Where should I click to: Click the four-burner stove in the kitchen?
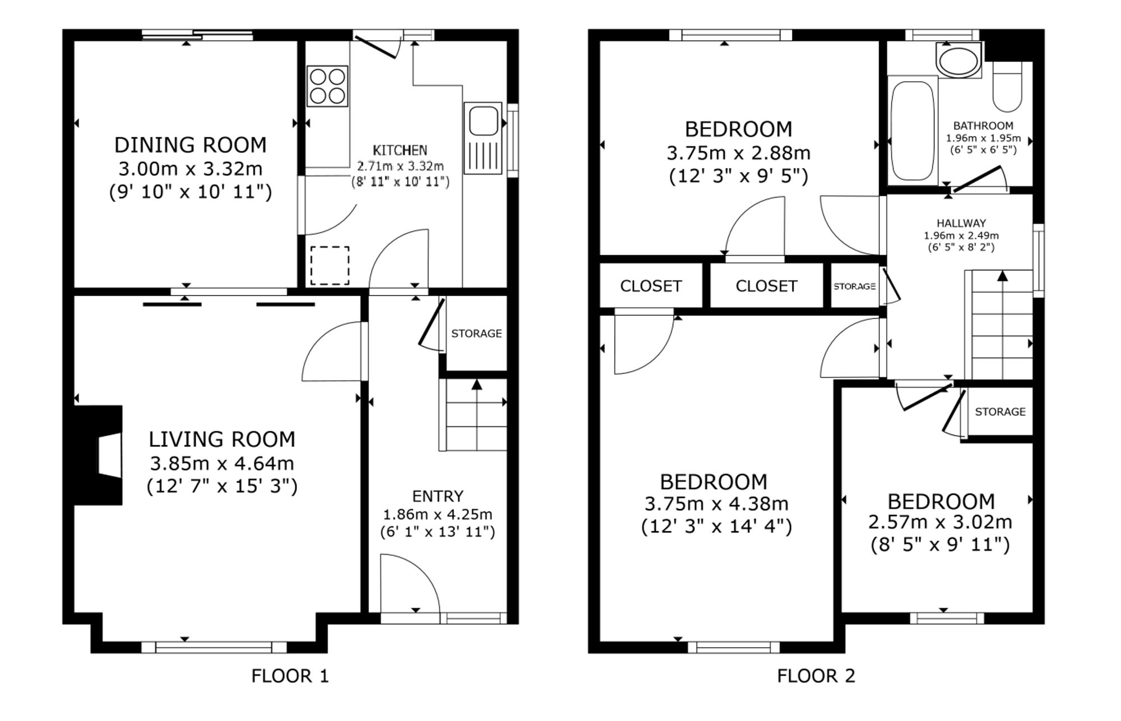click(x=327, y=86)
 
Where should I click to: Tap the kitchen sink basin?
click(x=483, y=122)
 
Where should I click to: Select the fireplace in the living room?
click(x=98, y=455)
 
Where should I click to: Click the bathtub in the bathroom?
click(x=913, y=130)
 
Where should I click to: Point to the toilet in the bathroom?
click(x=1007, y=87)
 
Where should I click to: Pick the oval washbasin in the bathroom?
click(x=958, y=61)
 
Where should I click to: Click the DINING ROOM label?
click(x=191, y=145)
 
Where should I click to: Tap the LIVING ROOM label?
click(x=222, y=439)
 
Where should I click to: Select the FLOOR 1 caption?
click(x=290, y=676)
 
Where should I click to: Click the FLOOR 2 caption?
click(x=816, y=676)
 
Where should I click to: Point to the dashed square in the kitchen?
click(x=330, y=266)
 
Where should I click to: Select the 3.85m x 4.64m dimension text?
click(x=222, y=464)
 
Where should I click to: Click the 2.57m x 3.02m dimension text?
click(x=940, y=523)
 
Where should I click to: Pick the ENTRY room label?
click(x=438, y=496)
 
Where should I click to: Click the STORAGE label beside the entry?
click(x=476, y=334)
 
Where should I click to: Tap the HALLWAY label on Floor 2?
click(x=961, y=223)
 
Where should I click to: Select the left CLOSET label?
click(x=651, y=286)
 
